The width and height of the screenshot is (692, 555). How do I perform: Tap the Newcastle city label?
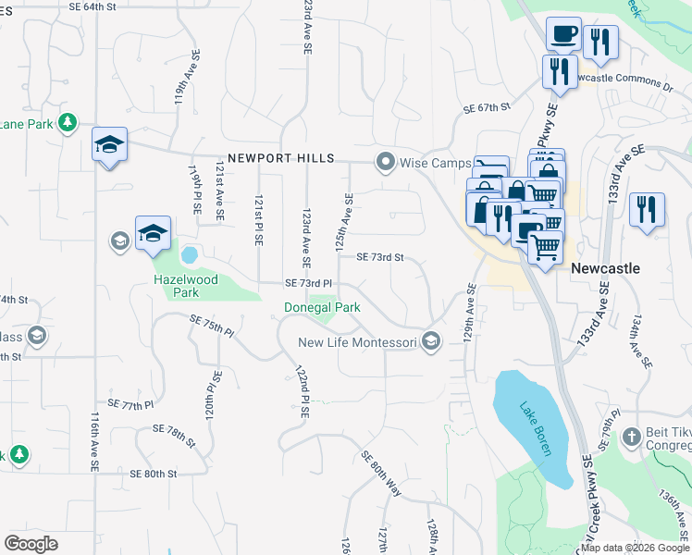[605, 267]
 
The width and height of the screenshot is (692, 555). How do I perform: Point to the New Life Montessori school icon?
[430, 342]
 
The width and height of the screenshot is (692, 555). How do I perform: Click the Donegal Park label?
[321, 306]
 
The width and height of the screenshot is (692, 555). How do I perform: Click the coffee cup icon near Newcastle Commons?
[562, 36]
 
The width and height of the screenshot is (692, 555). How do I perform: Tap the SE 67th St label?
[487, 107]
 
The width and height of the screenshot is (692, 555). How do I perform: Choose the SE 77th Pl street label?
[130, 404]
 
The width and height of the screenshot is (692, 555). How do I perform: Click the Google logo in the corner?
[31, 543]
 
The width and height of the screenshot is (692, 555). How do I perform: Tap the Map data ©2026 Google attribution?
[635, 548]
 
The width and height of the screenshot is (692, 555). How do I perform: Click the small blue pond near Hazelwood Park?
[190, 253]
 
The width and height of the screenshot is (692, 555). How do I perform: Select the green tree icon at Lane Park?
[67, 123]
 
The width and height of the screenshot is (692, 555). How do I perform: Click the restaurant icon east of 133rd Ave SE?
[646, 209]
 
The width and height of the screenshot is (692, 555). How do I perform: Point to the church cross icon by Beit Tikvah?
[631, 436]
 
